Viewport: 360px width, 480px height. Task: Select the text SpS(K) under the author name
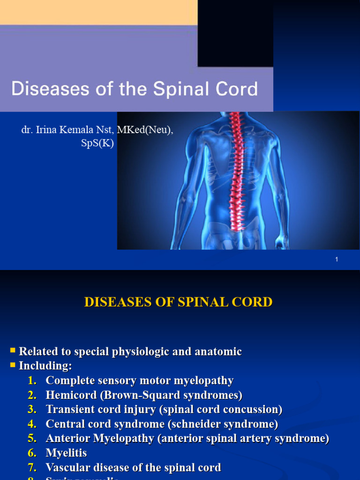tap(97, 143)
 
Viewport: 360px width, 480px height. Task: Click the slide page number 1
tap(337, 259)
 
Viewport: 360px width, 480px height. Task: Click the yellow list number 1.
tap(32, 380)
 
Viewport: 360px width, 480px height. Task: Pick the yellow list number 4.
tap(32, 424)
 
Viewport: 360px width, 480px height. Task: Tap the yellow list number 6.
tap(32, 453)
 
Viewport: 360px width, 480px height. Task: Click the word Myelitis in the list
tap(66, 453)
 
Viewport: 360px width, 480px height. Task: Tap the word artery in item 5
tap(265, 438)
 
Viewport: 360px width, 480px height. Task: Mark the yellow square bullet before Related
tap(13, 350)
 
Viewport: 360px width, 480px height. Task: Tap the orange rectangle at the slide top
tap(98, 12)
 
